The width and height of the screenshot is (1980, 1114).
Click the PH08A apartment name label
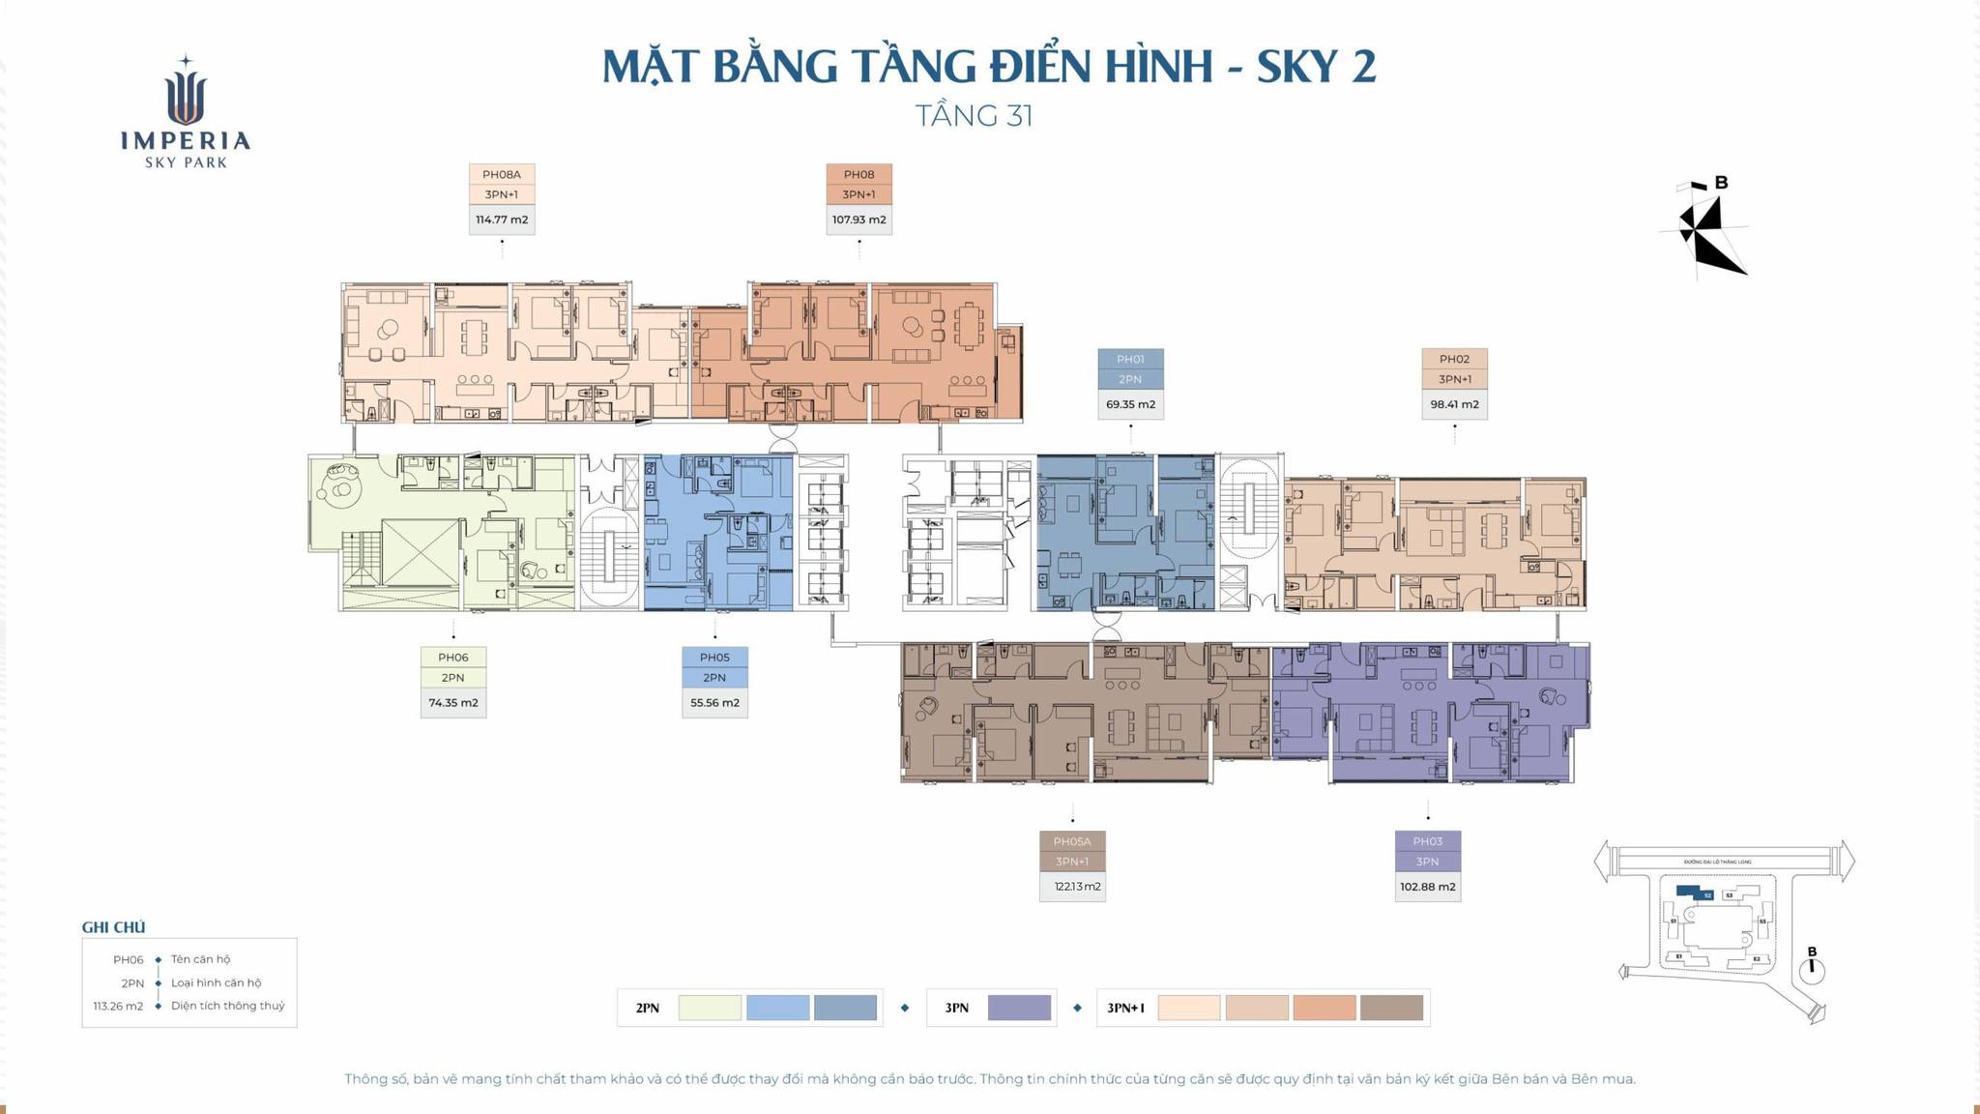(501, 174)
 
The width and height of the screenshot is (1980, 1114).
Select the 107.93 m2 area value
(859, 220)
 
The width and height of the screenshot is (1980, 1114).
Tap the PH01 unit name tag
(1130, 359)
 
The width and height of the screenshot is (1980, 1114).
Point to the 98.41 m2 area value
(1454, 404)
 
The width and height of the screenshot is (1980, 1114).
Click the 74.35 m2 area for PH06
(452, 703)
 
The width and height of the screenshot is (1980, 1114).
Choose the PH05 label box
(714, 658)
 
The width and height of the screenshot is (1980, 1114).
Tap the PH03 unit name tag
(1427, 841)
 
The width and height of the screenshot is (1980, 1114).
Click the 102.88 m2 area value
(1427, 887)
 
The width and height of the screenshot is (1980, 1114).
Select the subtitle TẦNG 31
(974, 116)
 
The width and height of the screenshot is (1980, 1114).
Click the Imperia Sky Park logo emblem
(186, 92)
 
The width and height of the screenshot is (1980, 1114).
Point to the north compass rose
(1705, 230)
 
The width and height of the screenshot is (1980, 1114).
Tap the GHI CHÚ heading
(113, 927)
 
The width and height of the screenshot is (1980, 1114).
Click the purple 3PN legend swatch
(1019, 1008)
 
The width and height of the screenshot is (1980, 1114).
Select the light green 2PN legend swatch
(710, 1008)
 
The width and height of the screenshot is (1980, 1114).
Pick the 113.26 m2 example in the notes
(118, 1006)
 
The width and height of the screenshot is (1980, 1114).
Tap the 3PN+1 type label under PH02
(1454, 379)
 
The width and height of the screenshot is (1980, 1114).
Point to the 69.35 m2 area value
(1130, 404)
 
